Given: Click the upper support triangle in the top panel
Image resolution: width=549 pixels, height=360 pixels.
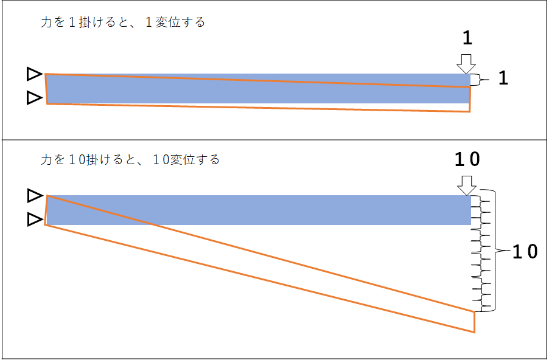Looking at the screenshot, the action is coord(34,74).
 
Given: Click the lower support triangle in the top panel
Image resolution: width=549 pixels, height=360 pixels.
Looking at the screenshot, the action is coord(34,98).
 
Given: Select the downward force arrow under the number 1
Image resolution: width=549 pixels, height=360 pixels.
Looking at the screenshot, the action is coord(466,64).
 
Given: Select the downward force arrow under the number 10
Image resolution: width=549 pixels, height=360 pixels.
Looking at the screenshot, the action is coord(467,185).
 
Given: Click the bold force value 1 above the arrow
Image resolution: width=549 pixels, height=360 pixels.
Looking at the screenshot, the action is coord(467,38).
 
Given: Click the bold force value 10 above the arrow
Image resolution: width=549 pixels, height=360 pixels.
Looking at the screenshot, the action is coord(467,159).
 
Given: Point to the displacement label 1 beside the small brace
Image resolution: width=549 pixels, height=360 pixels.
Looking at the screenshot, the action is coord(503,78).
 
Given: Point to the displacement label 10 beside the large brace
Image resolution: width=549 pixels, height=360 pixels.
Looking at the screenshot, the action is coord(525,251).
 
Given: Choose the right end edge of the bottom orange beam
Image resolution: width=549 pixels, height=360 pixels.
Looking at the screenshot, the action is coord(474,322).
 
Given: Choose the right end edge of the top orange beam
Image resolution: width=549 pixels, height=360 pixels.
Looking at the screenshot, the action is coord(469,99).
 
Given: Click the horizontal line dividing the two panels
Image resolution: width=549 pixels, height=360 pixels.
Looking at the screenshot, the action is coord(274,140).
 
